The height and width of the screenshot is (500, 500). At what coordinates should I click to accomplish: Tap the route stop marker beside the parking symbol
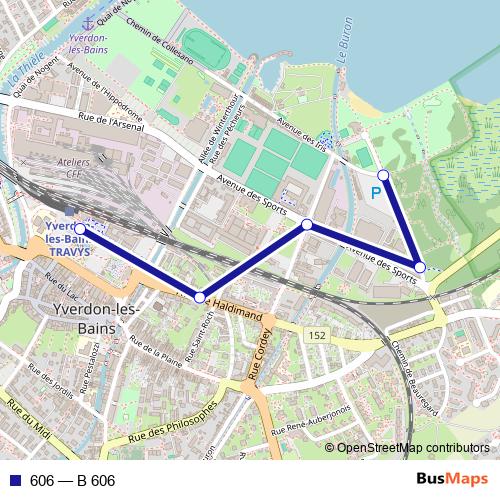pos(383,175)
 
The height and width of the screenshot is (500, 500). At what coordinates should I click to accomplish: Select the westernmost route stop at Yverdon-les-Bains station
pos(80,229)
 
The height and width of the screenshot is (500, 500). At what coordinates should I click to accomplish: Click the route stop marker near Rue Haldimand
pos(200,297)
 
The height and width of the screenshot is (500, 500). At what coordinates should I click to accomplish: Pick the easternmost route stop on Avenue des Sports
pos(421,267)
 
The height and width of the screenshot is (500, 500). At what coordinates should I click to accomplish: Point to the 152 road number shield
pos(317,334)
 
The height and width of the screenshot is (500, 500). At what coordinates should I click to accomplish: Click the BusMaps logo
pos(453,480)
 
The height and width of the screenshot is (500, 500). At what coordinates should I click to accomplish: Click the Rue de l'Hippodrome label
pos(106,95)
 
